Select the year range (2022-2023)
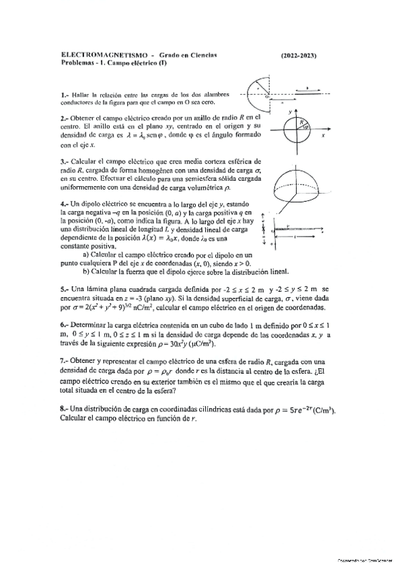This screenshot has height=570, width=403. [x=297, y=54]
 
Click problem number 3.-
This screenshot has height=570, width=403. [x=65, y=162]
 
